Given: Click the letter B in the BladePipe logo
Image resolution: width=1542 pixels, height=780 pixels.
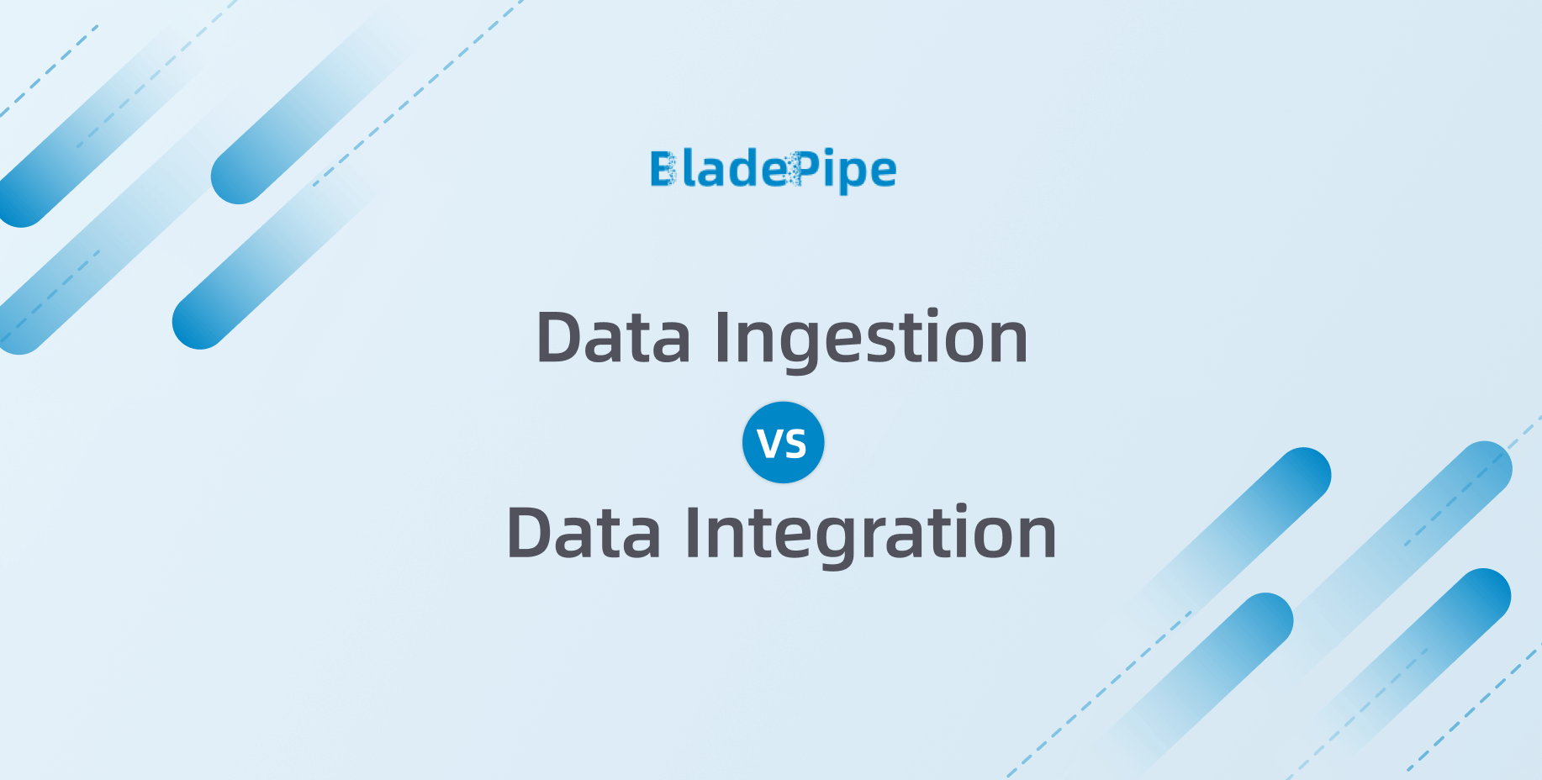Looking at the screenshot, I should pos(663,169).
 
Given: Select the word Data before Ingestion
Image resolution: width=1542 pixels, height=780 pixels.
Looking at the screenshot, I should pos(613,338).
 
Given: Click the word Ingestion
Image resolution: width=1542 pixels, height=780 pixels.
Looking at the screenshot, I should pos(871,340).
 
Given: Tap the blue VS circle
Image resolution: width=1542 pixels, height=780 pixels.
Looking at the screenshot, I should pos(783,443).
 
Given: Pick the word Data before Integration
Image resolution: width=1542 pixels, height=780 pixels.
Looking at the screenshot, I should pos(584,534).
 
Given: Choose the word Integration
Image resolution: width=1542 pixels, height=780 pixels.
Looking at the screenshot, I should pos(870,535).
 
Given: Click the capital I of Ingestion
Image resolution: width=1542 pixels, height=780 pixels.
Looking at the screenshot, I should pos(721,337).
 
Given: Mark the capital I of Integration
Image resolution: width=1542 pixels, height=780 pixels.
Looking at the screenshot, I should pos(692,533).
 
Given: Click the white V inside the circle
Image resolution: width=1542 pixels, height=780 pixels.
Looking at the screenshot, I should pos(770,444).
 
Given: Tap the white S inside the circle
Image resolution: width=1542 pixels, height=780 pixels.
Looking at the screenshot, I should pos(795,445).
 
